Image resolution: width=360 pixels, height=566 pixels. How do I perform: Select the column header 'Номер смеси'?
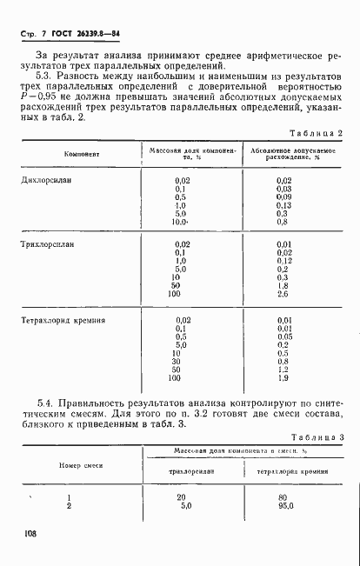(81, 464)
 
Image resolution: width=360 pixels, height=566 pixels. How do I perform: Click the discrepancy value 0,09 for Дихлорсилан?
(283, 196)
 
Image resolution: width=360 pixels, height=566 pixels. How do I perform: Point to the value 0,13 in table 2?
(283, 205)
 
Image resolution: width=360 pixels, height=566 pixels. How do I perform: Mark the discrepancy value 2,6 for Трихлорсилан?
(283, 295)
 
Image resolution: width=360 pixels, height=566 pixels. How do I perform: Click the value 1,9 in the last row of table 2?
(283, 378)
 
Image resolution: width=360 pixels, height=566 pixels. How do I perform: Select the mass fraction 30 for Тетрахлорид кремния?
(176, 362)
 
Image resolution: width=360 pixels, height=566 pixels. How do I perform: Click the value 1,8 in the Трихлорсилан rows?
(283, 286)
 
